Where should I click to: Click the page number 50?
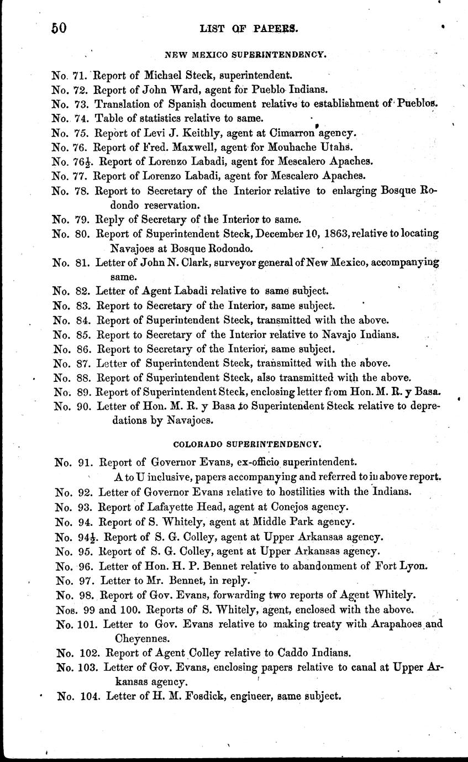(59, 28)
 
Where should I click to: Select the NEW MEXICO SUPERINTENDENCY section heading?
(246, 55)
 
